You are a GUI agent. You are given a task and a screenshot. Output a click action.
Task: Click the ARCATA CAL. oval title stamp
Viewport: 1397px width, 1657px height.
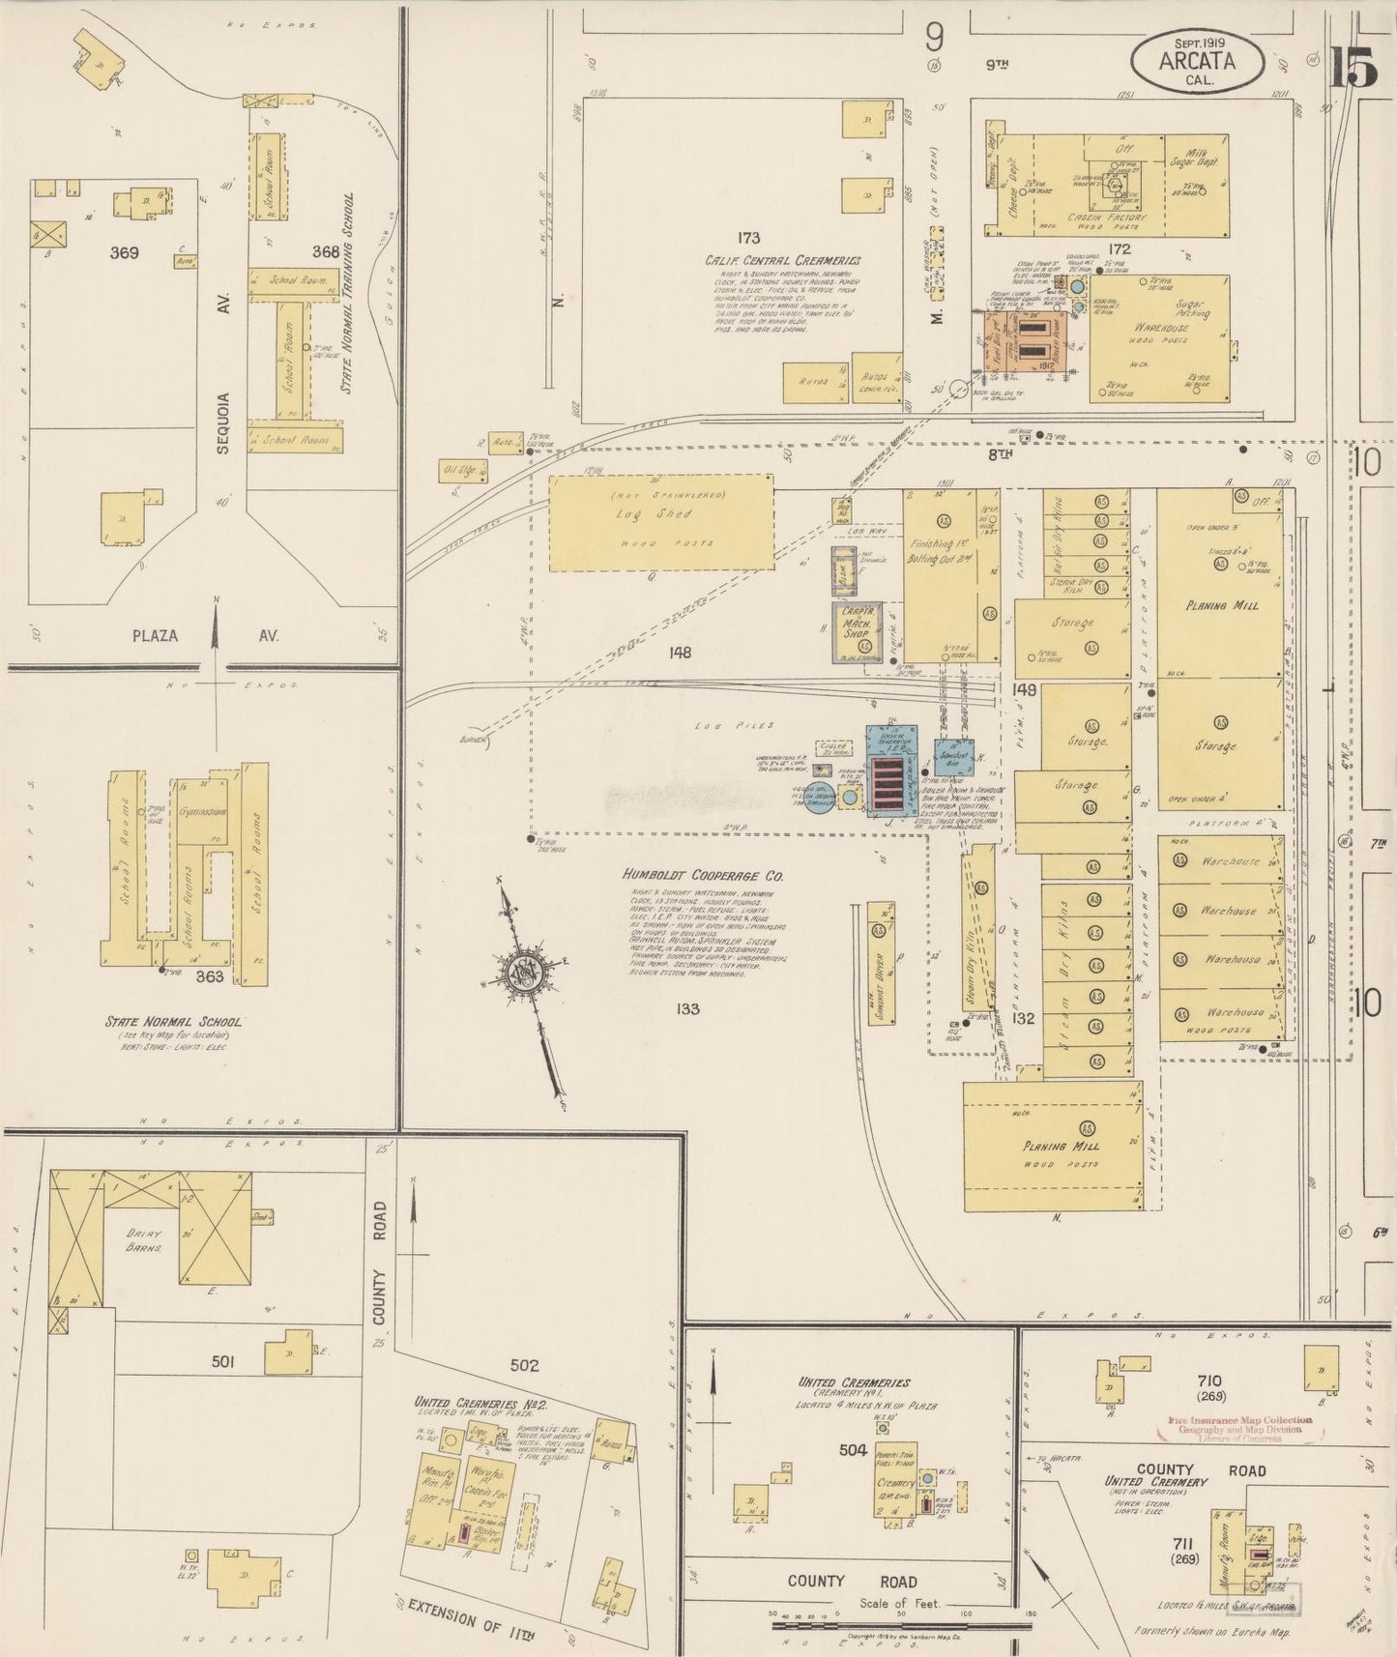[x=1197, y=61]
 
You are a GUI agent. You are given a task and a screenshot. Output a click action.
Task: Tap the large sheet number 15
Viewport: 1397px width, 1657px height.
[x=1352, y=67]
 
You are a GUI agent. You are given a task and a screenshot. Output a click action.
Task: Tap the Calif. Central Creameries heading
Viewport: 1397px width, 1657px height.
[x=782, y=260]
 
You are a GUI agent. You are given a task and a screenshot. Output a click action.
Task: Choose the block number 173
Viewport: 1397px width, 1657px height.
[x=746, y=237]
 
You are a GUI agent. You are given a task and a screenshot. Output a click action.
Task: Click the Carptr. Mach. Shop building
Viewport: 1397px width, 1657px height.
[x=858, y=630]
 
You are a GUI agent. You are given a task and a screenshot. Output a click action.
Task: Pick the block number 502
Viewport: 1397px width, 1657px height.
[x=524, y=1365]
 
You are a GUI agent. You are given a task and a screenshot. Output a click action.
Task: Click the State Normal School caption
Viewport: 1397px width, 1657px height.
[x=174, y=1021]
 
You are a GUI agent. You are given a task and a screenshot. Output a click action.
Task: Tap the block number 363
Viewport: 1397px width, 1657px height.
[x=209, y=976]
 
